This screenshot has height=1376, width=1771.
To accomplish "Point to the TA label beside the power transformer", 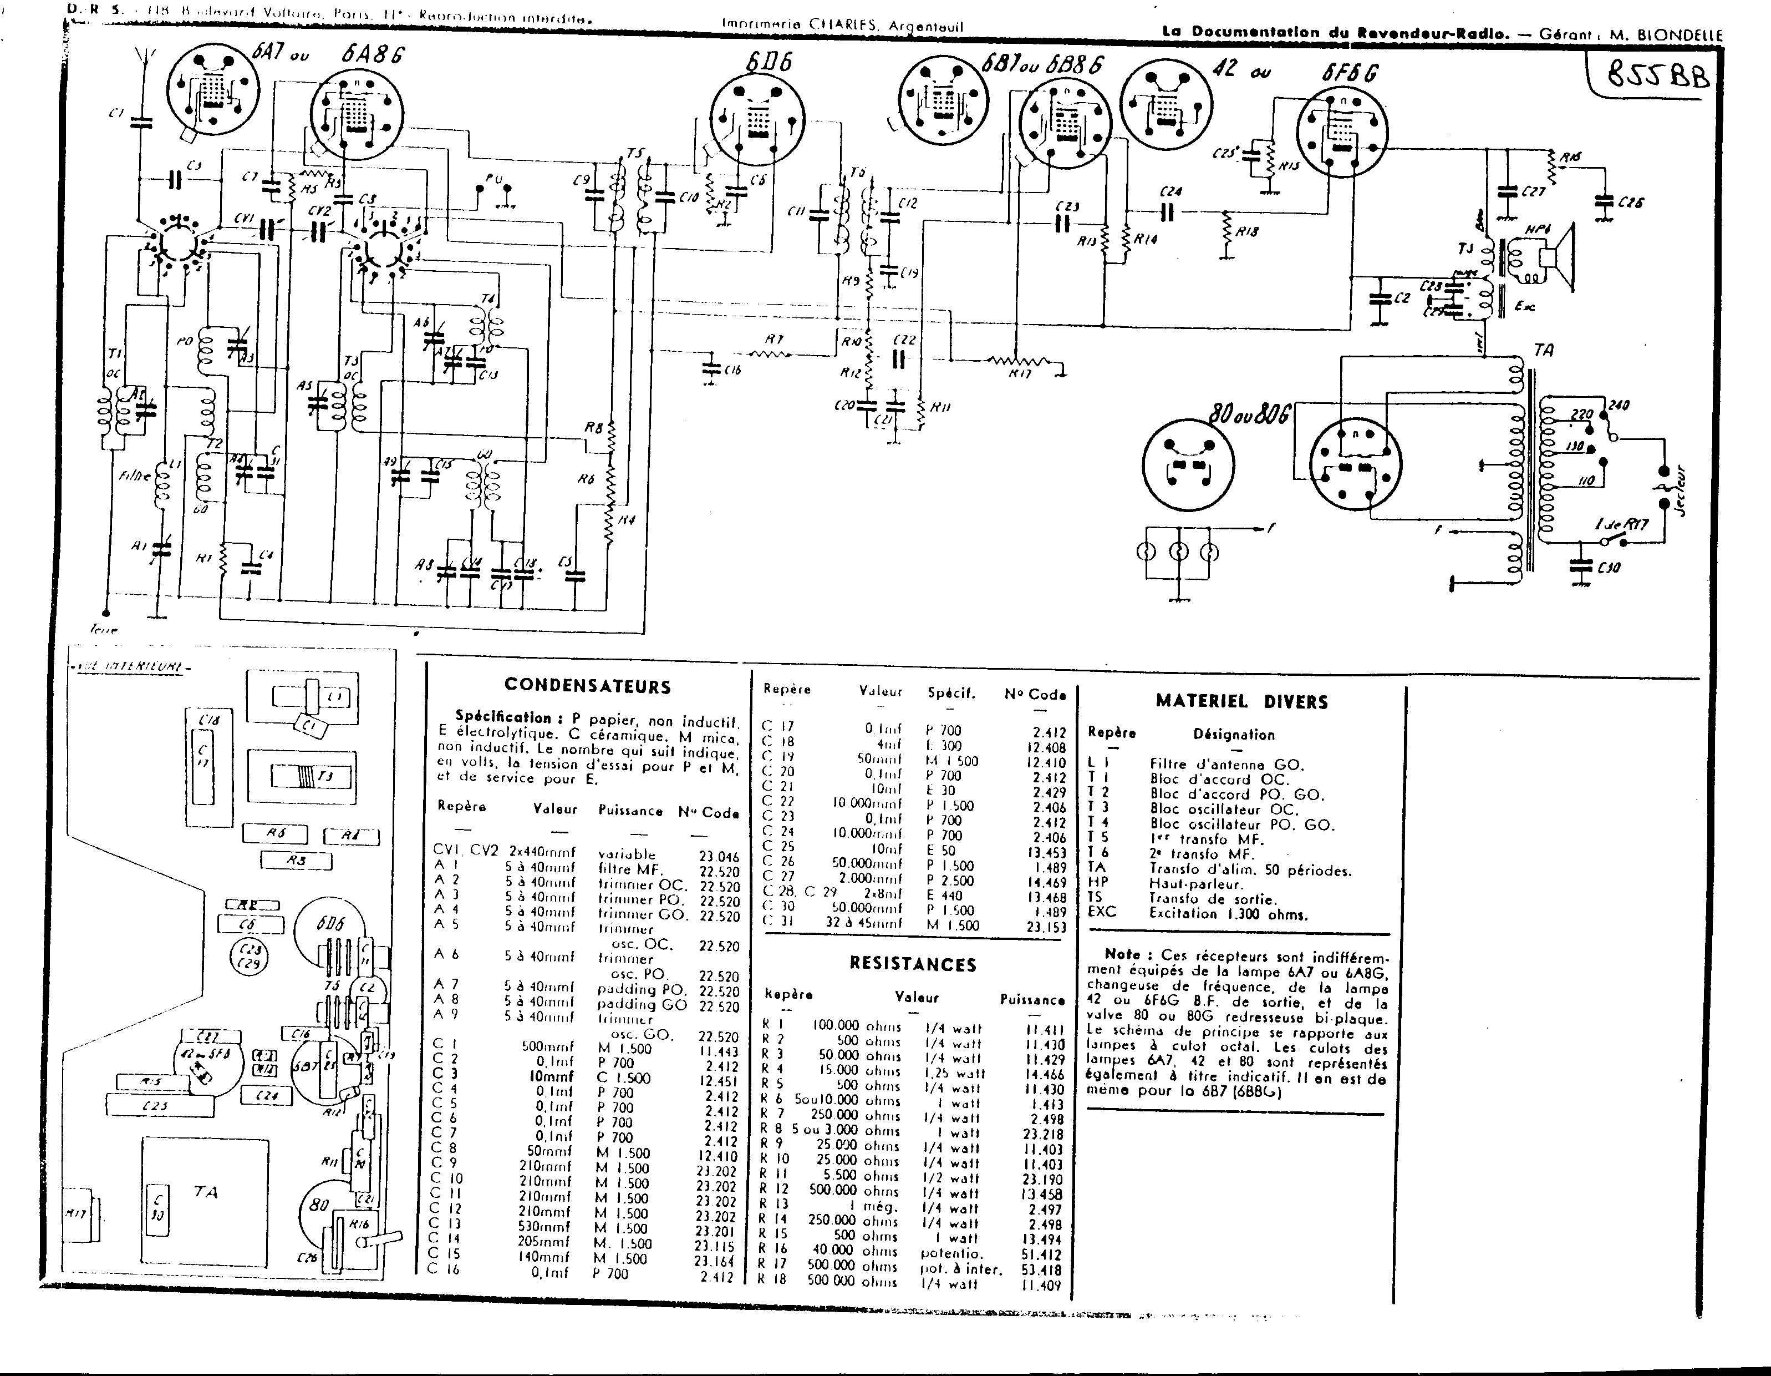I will (1544, 351).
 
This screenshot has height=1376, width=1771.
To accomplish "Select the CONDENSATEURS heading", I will (587, 686).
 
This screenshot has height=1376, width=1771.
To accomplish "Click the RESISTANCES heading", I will (913, 964).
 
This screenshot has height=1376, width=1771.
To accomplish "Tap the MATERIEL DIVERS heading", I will (1241, 701).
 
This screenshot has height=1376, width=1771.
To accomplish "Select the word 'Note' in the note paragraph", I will (1122, 955).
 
